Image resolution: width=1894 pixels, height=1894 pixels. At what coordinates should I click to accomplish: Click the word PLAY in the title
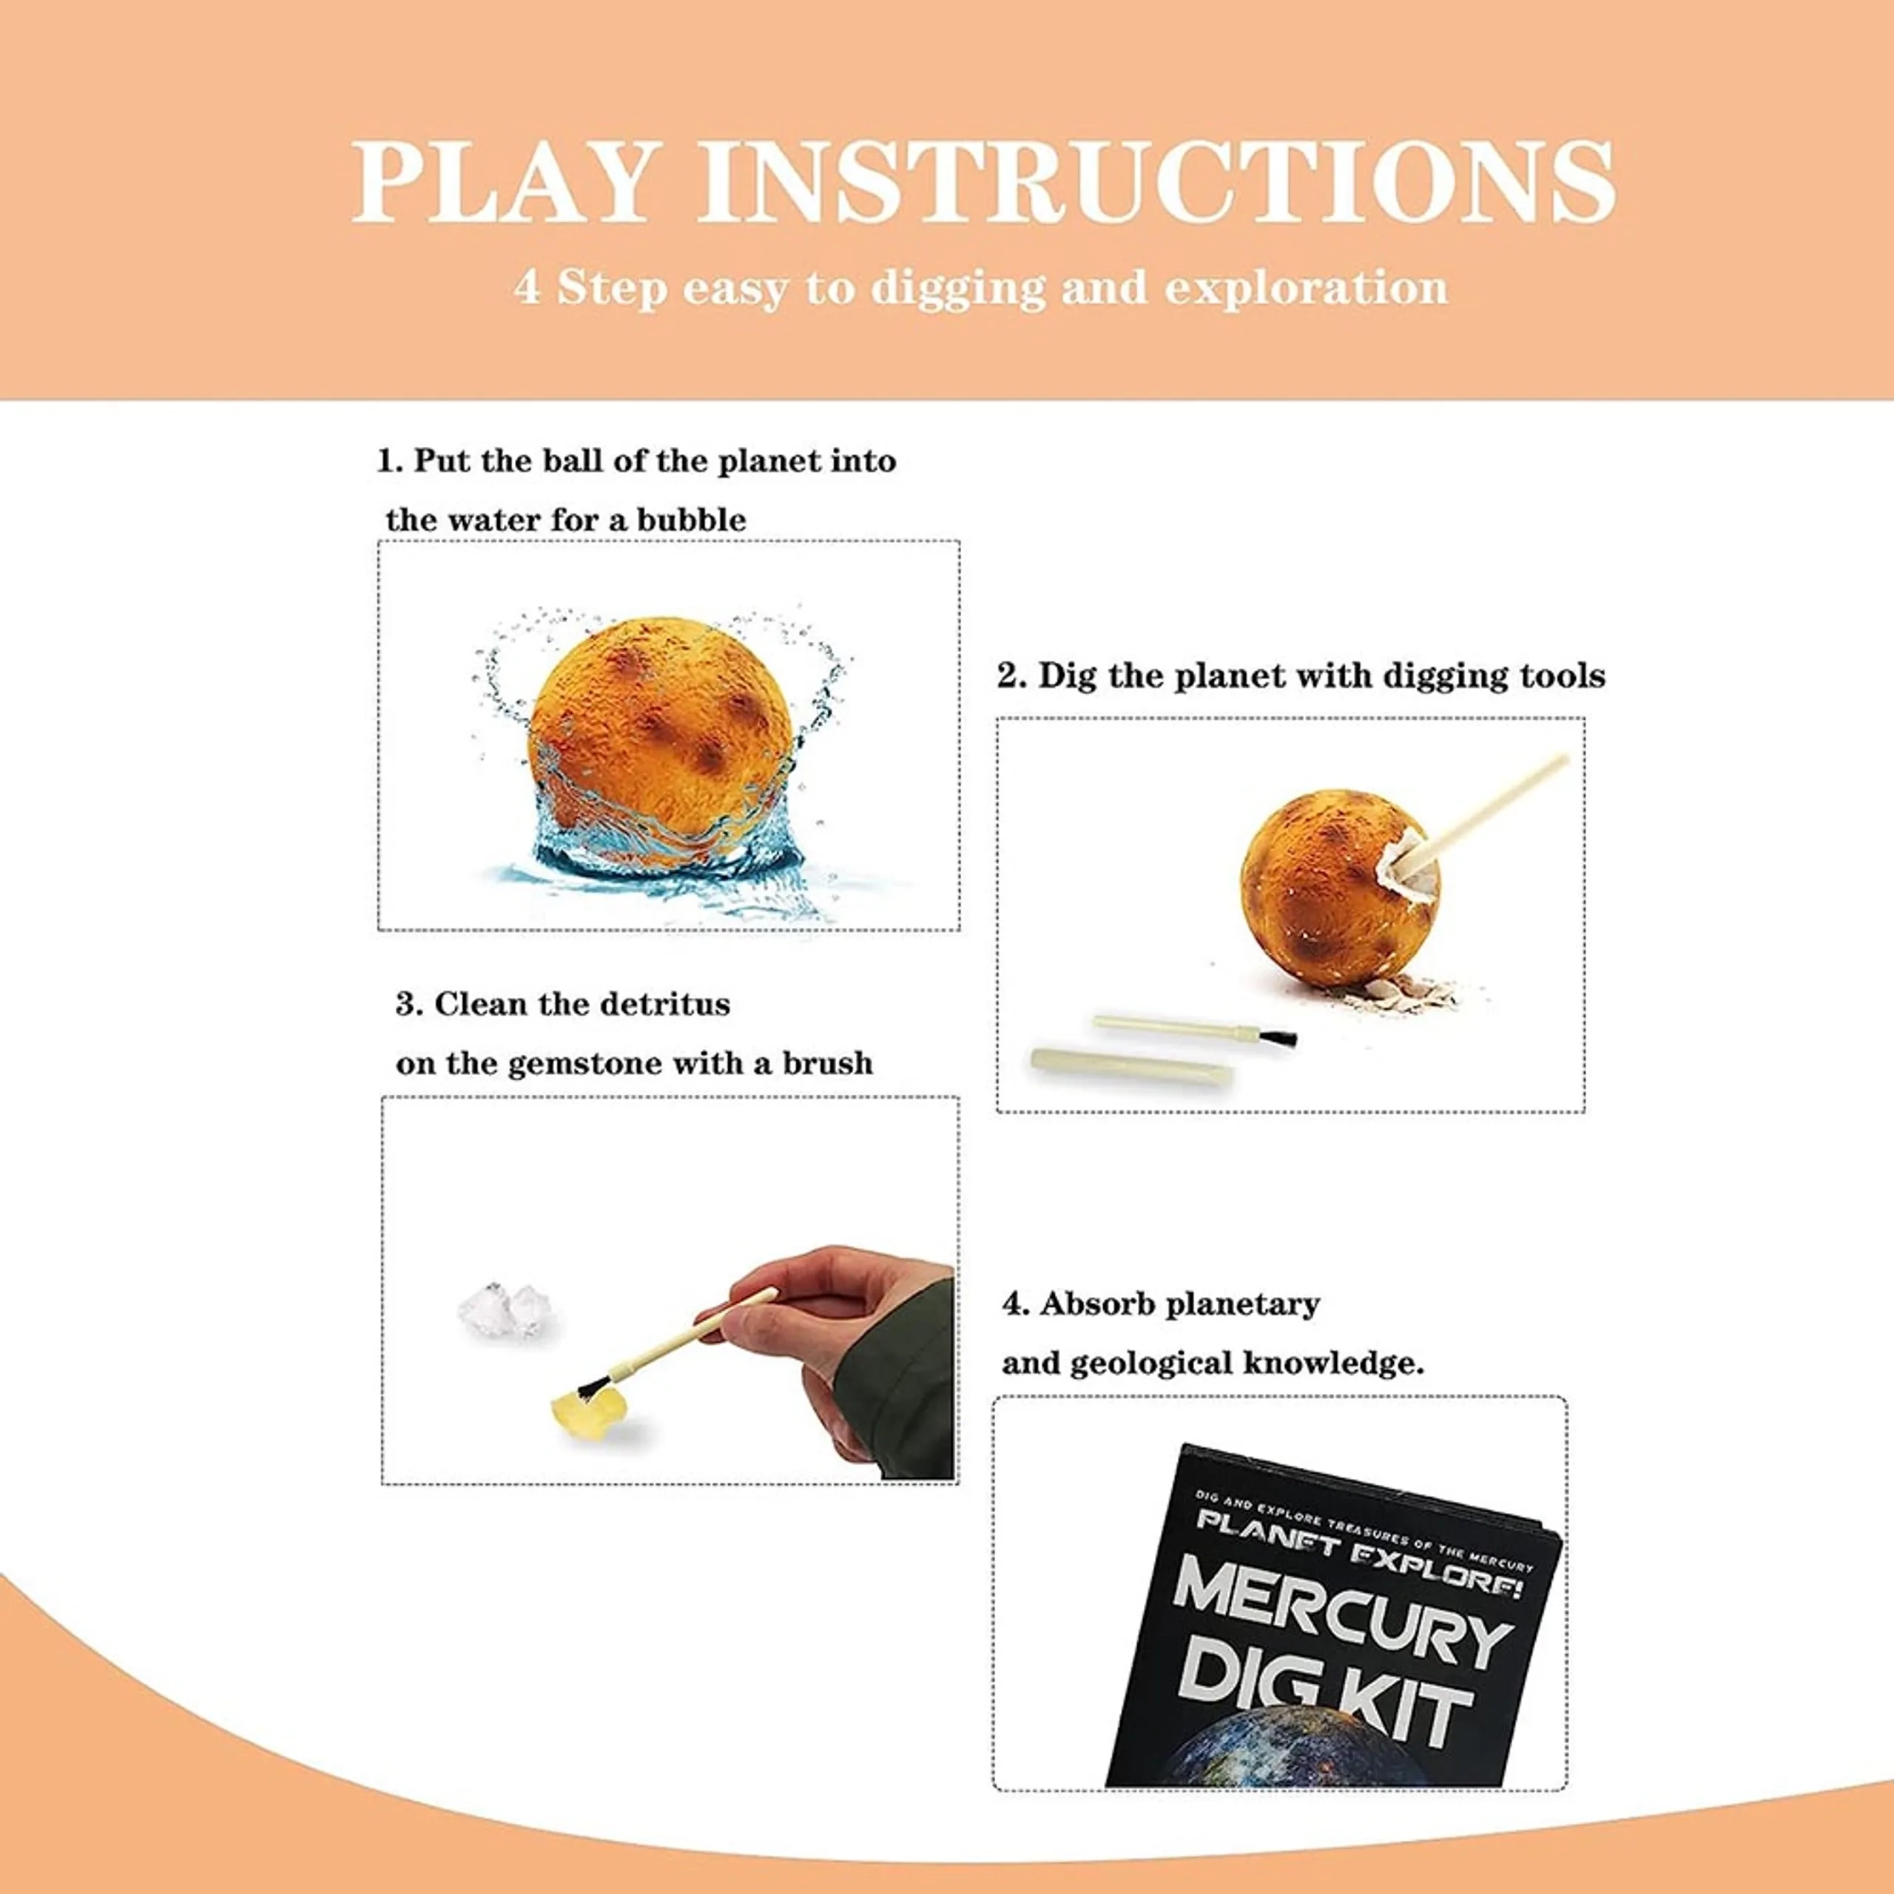(502, 181)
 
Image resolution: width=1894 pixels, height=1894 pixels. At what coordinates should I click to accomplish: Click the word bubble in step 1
(691, 519)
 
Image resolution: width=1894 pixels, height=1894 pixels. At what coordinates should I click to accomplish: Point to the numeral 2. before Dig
(1011, 676)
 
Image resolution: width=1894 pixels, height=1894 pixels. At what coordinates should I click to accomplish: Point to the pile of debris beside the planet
(1412, 994)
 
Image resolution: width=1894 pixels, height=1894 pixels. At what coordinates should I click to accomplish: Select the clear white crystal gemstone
(505, 1310)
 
